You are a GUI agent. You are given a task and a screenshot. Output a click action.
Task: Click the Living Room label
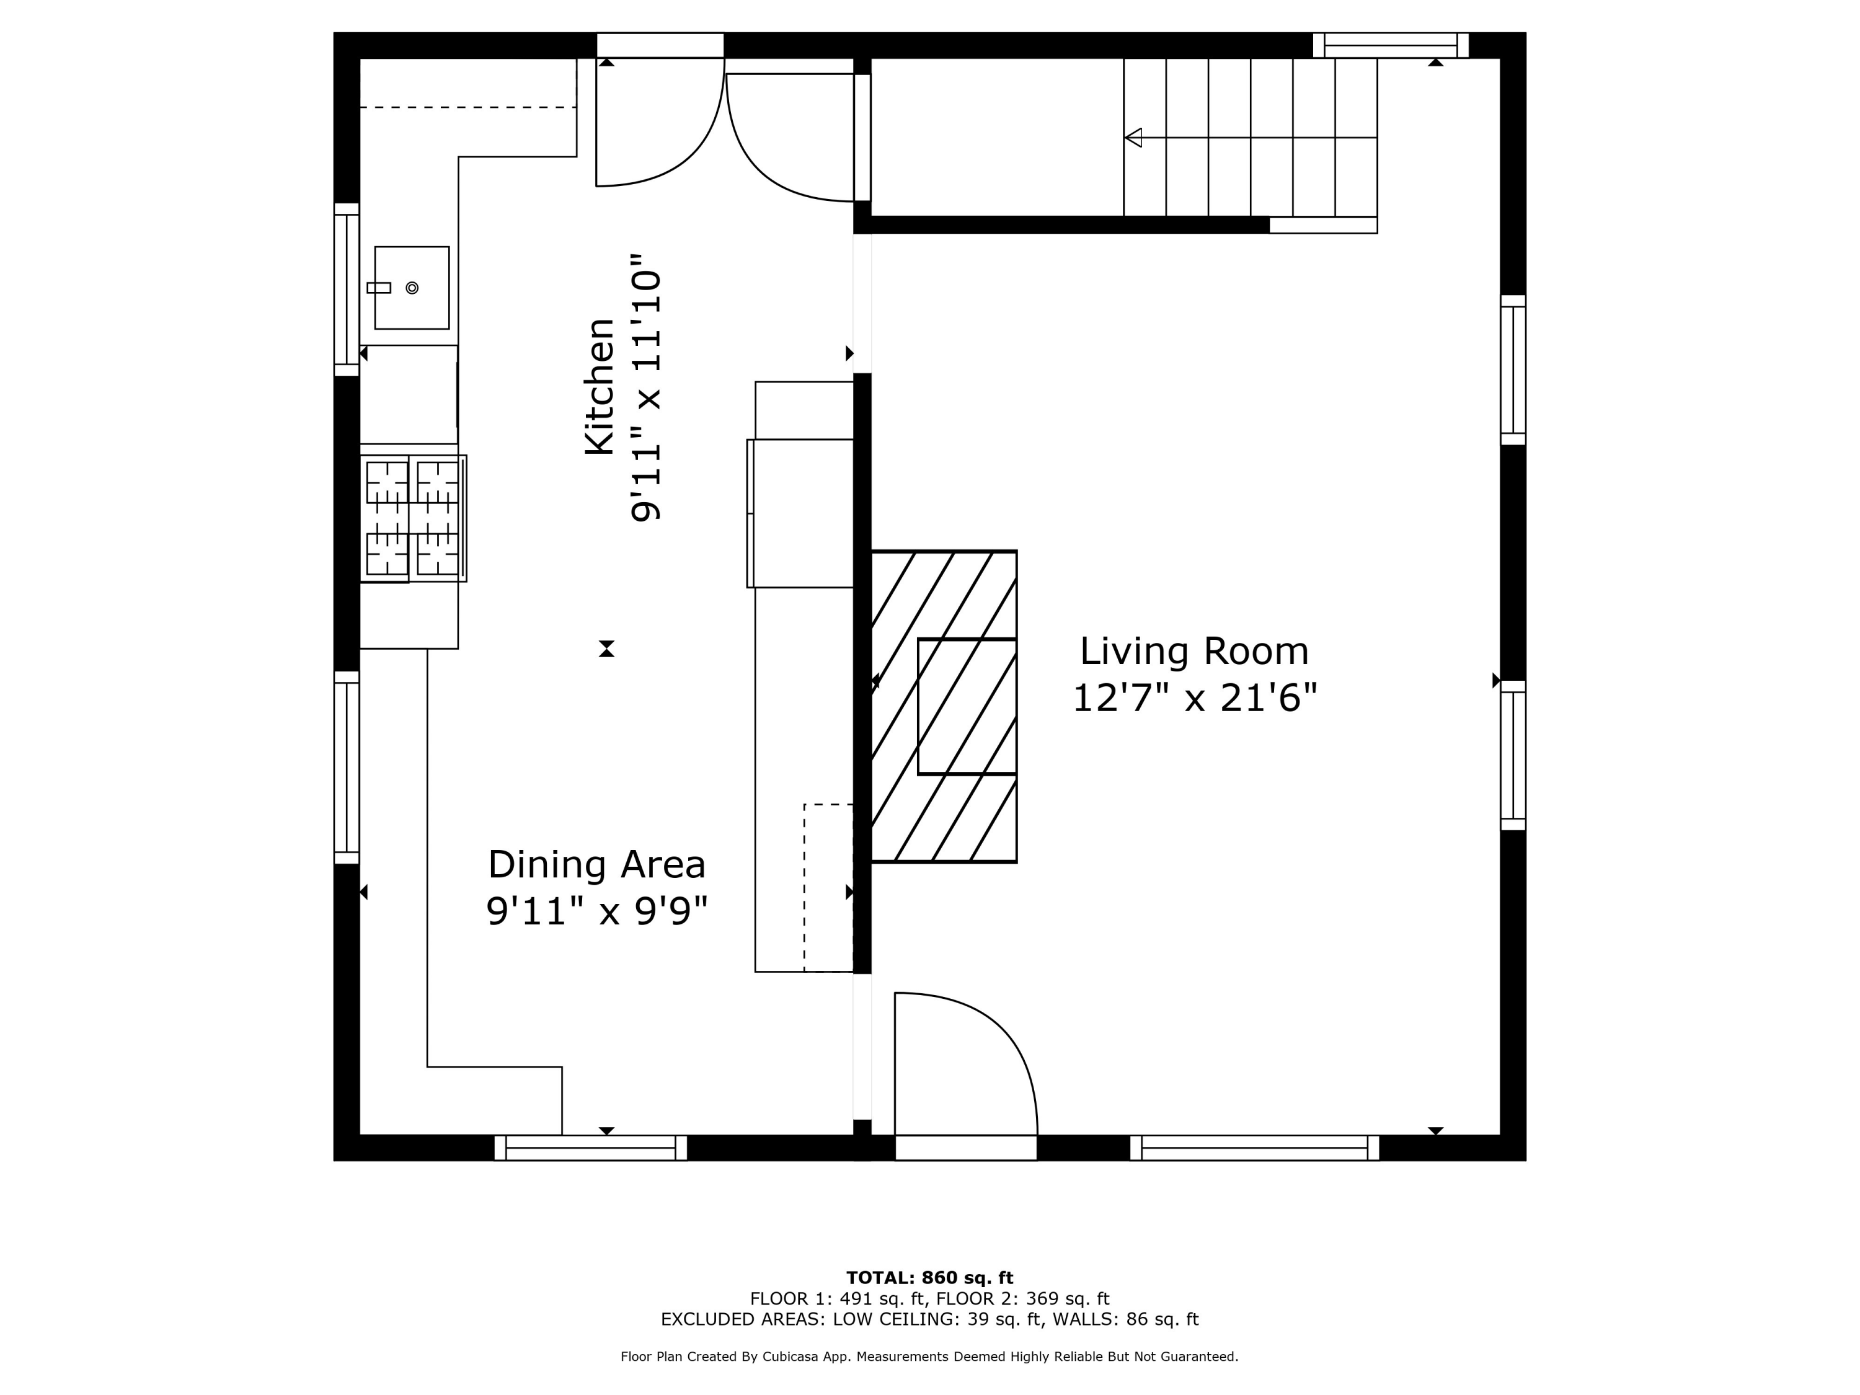click(x=1194, y=652)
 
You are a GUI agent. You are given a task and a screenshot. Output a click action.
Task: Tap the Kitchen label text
click(x=600, y=387)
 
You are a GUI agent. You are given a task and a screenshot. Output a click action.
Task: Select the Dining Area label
click(x=597, y=866)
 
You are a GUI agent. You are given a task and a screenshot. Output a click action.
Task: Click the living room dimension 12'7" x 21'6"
click(x=1194, y=698)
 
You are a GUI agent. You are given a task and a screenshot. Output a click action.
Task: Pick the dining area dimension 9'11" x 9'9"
click(x=597, y=911)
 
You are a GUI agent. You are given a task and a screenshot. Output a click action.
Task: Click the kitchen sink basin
click(x=412, y=288)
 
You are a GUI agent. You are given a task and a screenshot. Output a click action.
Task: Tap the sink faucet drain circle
click(x=412, y=288)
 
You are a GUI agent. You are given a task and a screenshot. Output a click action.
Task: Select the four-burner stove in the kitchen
click(x=413, y=518)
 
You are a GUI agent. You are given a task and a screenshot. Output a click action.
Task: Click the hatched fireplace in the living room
click(x=944, y=706)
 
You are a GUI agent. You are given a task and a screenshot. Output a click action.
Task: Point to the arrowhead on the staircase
click(x=1133, y=137)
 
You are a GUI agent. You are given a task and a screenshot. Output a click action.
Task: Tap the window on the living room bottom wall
click(x=1255, y=1148)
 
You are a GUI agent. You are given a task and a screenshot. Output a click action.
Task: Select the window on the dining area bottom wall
click(x=590, y=1148)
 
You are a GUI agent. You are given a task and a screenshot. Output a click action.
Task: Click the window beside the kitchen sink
click(x=347, y=290)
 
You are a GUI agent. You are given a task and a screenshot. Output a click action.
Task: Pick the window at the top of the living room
click(x=1391, y=45)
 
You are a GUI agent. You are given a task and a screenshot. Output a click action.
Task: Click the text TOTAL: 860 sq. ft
click(x=929, y=1278)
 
